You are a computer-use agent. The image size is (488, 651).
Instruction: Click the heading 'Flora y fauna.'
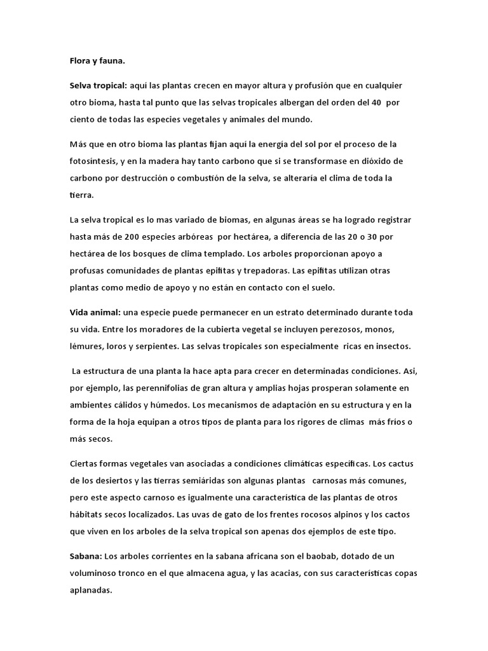pos(97,61)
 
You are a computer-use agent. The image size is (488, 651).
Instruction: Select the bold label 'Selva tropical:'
pos(98,85)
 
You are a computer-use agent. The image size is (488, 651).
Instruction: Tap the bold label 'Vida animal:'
pos(95,313)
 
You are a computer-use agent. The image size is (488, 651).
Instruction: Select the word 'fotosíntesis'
pos(93,161)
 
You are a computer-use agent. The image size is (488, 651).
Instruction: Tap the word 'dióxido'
pos(391,161)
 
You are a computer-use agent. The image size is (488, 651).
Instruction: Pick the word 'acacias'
pos(296,573)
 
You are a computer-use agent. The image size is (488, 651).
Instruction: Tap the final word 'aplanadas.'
pos(91,591)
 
